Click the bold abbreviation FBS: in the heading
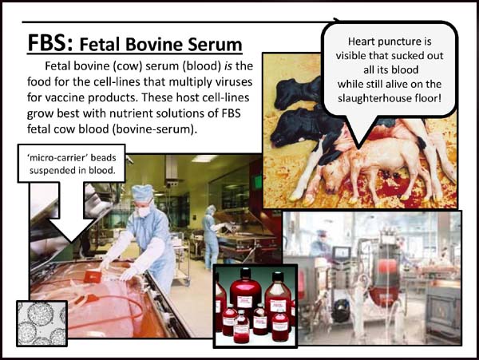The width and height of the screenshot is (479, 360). (x=50, y=43)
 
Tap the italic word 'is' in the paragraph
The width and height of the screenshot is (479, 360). (x=228, y=65)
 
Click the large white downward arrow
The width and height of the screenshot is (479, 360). (x=72, y=212)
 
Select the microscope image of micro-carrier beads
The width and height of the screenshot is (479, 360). (x=42, y=323)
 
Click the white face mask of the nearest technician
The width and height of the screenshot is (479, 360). (x=144, y=211)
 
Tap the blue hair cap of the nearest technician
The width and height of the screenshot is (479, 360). (x=142, y=193)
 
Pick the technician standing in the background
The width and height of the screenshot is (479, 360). (x=211, y=236)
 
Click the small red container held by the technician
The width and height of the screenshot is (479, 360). (x=92, y=277)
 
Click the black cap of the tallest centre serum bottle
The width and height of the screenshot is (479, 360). (x=245, y=273)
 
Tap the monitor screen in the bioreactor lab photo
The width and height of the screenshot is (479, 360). (x=341, y=253)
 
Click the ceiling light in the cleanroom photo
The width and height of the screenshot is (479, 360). (x=204, y=159)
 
